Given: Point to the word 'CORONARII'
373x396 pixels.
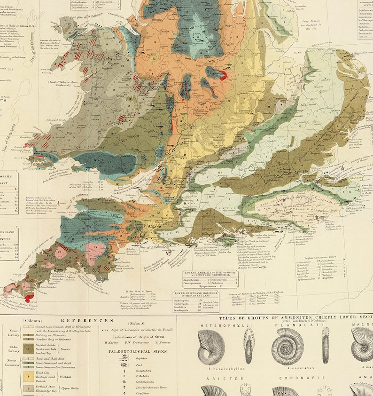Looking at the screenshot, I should click(289, 377).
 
